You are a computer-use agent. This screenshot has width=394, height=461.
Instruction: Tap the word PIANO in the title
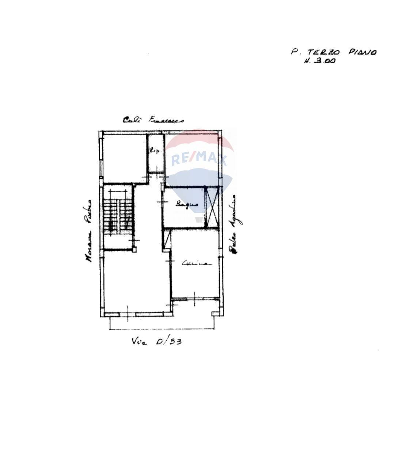[362, 52]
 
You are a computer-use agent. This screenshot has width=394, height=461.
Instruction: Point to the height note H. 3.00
[319, 61]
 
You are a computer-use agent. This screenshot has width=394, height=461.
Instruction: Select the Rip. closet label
[155, 150]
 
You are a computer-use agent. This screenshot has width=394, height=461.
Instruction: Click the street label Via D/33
[156, 342]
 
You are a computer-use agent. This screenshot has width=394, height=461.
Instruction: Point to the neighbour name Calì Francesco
[153, 120]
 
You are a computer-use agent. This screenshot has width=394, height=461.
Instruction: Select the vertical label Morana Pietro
[88, 231]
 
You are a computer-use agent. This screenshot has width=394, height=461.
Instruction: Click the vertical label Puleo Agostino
[232, 224]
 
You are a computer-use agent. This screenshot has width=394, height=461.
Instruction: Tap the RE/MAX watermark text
[199, 159]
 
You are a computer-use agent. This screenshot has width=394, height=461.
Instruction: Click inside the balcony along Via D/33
[162, 322]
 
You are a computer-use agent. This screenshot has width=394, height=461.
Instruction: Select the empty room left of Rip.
[124, 157]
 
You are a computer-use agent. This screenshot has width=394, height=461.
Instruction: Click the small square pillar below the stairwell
[134, 250]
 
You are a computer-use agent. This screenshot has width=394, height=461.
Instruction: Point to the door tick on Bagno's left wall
[162, 202]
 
